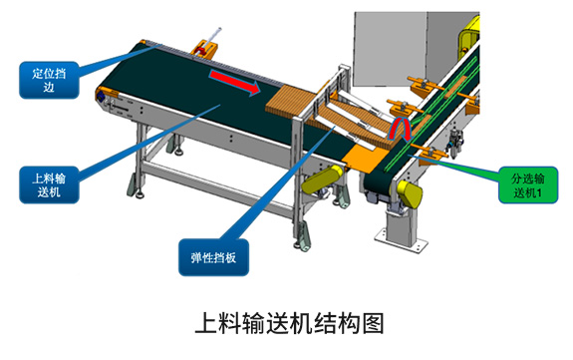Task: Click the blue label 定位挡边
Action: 49,80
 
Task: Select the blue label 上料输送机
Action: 49,185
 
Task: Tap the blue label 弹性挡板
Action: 214,257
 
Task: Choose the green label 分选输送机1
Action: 528,185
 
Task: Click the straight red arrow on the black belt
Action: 234,83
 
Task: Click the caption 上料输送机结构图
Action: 289,323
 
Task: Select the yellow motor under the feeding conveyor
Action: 322,179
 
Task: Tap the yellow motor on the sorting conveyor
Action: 410,193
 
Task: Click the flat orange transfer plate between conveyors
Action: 364,158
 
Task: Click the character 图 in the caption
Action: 373,323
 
